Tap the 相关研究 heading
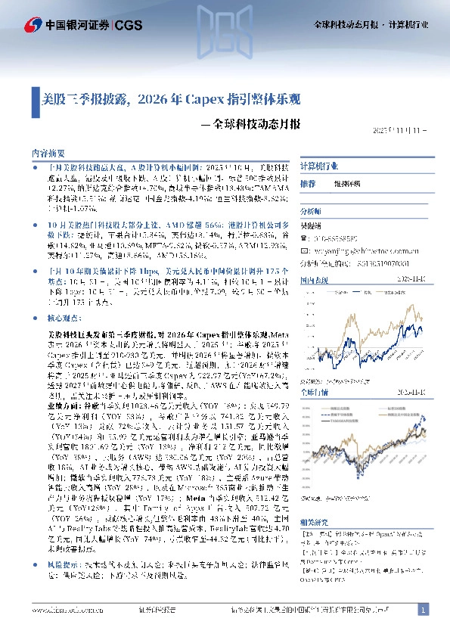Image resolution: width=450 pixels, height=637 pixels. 313,523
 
